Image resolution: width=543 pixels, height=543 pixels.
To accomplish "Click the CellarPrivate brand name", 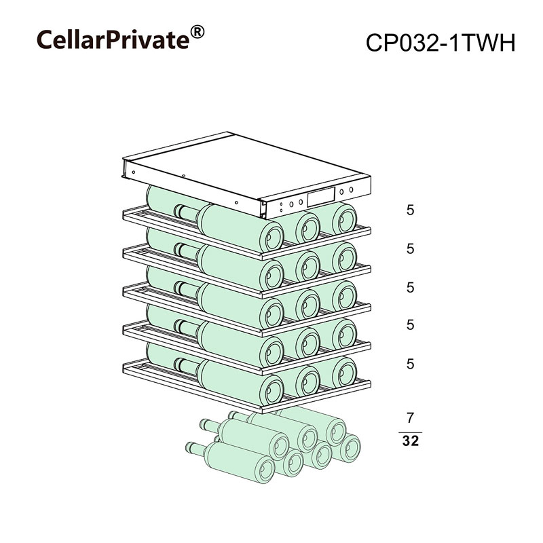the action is pyautogui.click(x=113, y=40).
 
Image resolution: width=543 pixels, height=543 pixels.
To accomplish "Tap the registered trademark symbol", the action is pyautogui.click(x=198, y=32).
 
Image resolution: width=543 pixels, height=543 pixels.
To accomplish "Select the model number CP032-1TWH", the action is pyautogui.click(x=441, y=43).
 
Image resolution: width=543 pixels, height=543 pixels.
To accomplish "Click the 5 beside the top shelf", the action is pyautogui.click(x=411, y=210).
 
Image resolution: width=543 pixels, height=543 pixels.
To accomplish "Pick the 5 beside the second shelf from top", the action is pyautogui.click(x=411, y=248).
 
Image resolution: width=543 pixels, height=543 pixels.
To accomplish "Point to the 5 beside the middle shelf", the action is pyautogui.click(x=411, y=287).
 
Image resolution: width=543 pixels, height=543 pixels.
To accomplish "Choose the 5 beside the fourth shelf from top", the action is pyautogui.click(x=411, y=325).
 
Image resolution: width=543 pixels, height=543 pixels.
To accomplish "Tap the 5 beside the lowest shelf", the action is pyautogui.click(x=411, y=364).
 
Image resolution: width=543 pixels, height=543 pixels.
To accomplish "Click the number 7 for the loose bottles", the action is pyautogui.click(x=411, y=418).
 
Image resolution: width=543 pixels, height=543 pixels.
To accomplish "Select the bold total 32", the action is pyautogui.click(x=411, y=441).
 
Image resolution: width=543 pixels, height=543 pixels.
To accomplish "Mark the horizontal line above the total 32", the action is pyautogui.click(x=411, y=432).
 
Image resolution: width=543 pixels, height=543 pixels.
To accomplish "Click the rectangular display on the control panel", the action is pyautogui.click(x=321, y=196).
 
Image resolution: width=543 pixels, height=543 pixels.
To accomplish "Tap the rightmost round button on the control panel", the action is pyautogui.click(x=351, y=189).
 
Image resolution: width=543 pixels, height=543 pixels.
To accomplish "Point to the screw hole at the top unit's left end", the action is pyautogui.click(x=133, y=172).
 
